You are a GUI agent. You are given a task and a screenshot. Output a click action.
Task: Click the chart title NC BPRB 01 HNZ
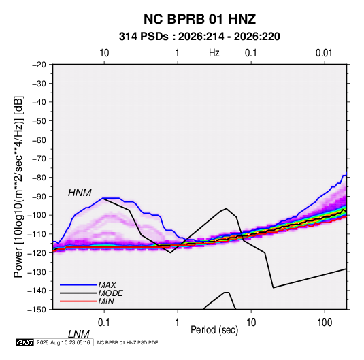[x=199, y=19]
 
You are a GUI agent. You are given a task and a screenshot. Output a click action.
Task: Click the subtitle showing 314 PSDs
[x=199, y=37]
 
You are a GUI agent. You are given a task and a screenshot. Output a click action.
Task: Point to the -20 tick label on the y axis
[x=39, y=65]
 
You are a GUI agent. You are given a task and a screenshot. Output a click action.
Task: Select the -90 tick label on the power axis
[x=39, y=196]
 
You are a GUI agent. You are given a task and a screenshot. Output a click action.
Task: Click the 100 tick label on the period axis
[x=325, y=323]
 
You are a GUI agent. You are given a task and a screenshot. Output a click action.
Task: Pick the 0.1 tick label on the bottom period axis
[x=104, y=323]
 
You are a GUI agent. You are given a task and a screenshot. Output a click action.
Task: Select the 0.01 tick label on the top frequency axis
[x=324, y=53]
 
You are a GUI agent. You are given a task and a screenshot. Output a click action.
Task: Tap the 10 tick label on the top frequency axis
[x=104, y=53]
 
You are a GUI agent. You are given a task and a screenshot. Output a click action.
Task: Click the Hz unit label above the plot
[x=214, y=53]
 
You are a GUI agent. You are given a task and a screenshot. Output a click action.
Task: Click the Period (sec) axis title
[x=214, y=330]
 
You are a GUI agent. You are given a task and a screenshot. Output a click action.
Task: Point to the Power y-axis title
[x=18, y=187]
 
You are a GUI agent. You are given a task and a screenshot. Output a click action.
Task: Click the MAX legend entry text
[x=107, y=284]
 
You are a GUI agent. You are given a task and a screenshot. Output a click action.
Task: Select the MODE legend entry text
[x=110, y=293]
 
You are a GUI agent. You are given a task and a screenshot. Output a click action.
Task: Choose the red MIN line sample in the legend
[x=78, y=301]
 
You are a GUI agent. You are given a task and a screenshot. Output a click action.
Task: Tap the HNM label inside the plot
[x=80, y=193]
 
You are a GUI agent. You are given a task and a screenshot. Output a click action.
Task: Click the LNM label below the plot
[x=78, y=334]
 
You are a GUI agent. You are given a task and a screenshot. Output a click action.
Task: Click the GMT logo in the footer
[x=24, y=342]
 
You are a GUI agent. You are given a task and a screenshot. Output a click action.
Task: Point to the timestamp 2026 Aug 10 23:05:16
[x=63, y=342]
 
